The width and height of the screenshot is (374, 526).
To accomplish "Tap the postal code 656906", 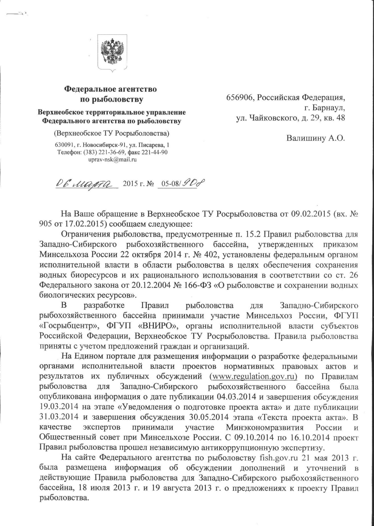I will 240,98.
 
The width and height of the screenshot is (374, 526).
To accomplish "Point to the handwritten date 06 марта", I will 87,183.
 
